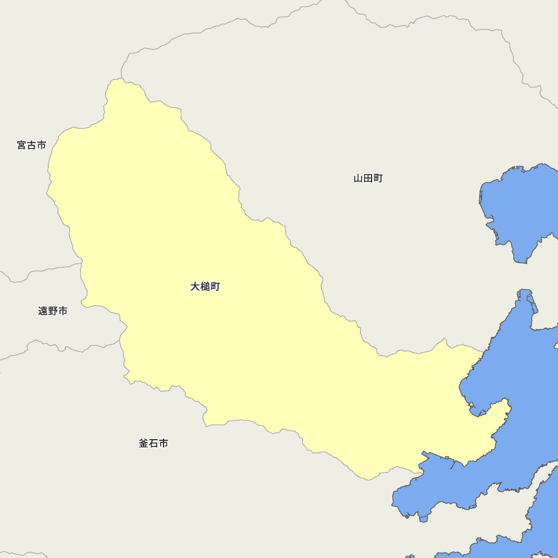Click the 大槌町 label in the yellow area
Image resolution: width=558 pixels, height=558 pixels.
coord(205,287)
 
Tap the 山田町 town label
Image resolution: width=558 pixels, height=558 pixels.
coord(368,179)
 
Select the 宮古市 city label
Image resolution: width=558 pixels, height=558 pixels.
coord(31,145)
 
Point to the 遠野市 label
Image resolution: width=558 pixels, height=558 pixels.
coord(53,311)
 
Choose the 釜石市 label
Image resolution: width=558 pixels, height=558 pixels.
coord(153,444)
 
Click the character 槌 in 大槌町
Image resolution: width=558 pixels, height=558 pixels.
coord(205,287)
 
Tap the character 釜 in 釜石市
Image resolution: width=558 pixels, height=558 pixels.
coord(143,444)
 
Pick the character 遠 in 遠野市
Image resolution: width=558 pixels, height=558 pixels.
coord(43,311)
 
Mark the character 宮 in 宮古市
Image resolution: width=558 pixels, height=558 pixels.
coord(21,145)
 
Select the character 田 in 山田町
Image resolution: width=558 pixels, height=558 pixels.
coord(368,179)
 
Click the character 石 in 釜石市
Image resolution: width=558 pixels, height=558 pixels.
coord(153,444)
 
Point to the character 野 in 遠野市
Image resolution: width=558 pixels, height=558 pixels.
coord(53,311)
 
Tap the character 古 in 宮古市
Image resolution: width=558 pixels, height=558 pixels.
coord(31,145)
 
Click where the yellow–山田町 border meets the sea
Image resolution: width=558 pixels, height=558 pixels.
coord(484,352)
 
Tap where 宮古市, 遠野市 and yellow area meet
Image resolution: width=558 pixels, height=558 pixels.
coord(81,264)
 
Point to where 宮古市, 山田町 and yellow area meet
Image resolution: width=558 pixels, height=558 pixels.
coord(122,79)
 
